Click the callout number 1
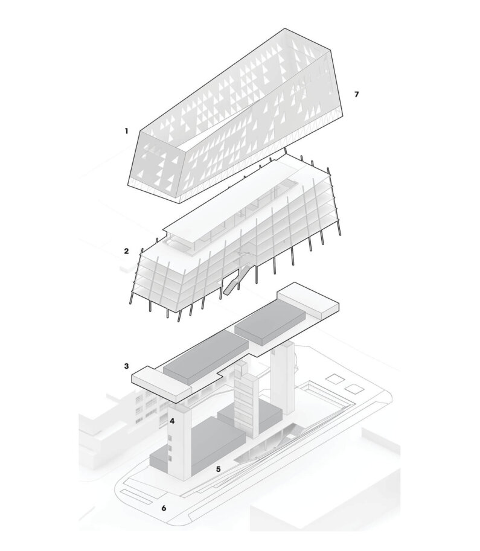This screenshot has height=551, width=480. pyautogui.click(x=126, y=130)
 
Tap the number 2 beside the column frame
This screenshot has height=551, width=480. pyautogui.click(x=126, y=250)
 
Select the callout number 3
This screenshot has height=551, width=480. pyautogui.click(x=126, y=366)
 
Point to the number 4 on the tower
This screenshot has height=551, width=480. pyautogui.click(x=172, y=421)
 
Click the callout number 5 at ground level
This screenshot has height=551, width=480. pyautogui.click(x=218, y=468)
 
